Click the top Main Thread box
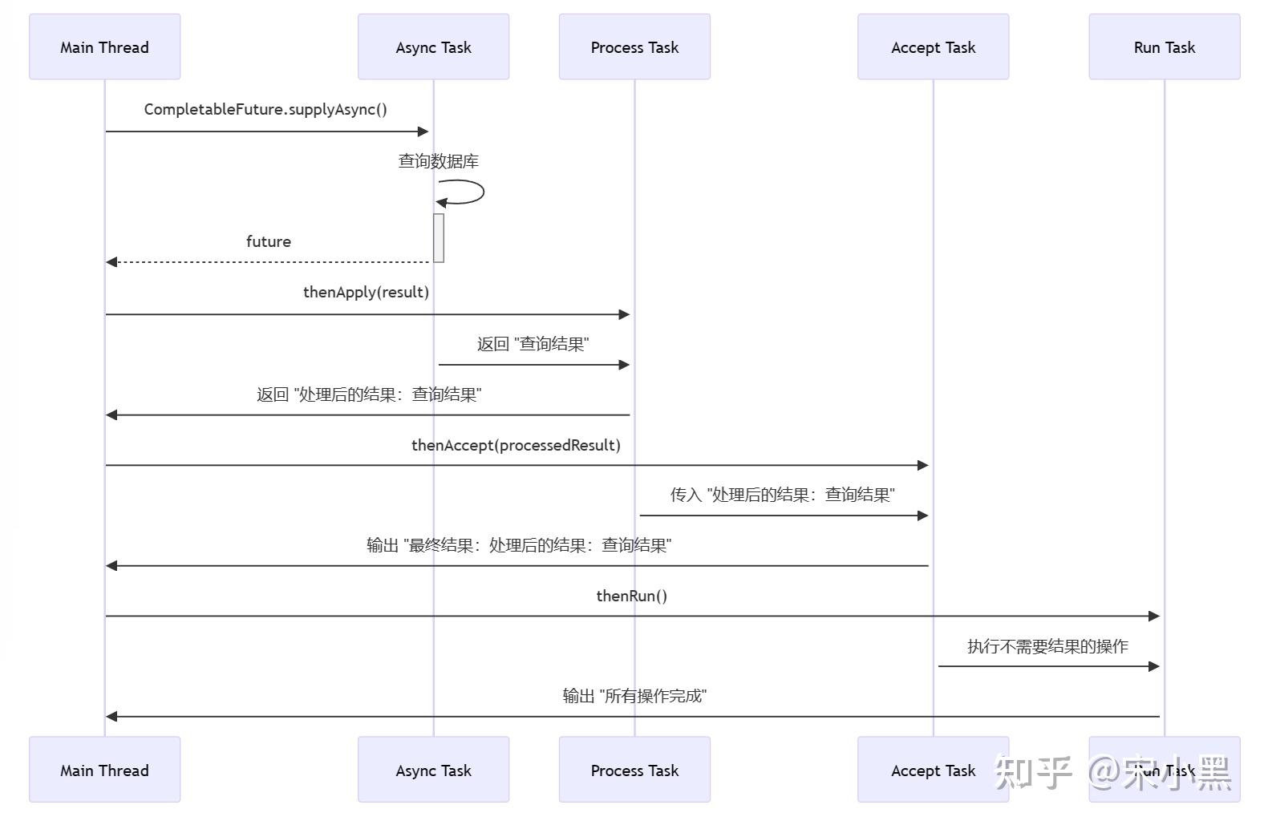(104, 47)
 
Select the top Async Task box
(433, 47)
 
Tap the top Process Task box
(634, 47)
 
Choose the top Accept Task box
(933, 47)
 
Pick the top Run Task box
(1164, 47)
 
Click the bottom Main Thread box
(104, 770)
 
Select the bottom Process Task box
(634, 770)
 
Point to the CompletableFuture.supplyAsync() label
(265, 109)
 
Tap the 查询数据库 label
(439, 161)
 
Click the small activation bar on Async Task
(439, 237)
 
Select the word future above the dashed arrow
(268, 241)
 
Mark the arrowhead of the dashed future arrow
(111, 262)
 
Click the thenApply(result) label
(366, 292)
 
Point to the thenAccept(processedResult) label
(516, 445)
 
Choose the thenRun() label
(631, 596)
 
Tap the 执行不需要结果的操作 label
(1047, 646)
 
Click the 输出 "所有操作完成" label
(634, 696)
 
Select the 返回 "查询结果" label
(533, 344)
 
